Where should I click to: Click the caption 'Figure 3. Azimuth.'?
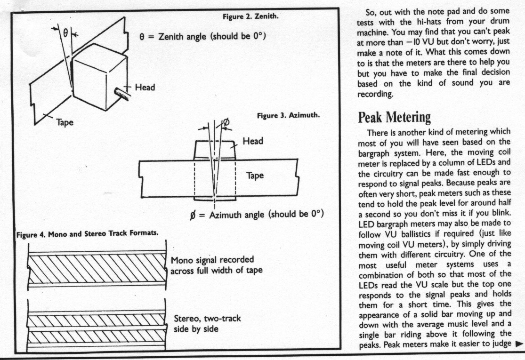(x=289, y=115)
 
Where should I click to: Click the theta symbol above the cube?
(x=65, y=32)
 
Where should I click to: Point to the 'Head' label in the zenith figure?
(x=145, y=88)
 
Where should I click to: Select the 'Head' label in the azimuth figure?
(x=252, y=141)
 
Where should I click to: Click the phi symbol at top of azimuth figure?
(x=226, y=122)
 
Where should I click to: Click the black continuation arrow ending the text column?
(x=519, y=344)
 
